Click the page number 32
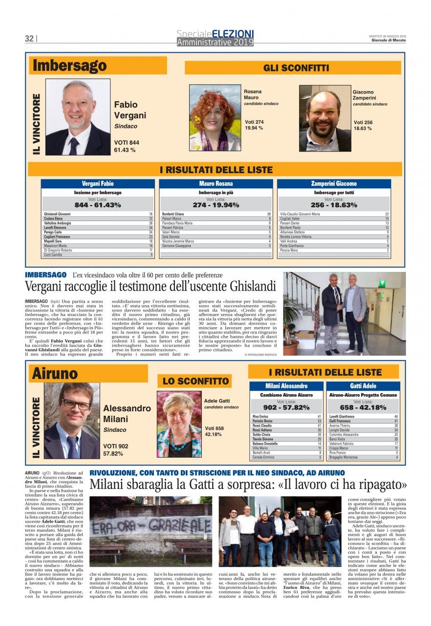point(29,39)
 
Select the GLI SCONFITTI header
point(293,68)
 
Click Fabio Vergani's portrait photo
point(78,117)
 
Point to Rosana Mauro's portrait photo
point(215,118)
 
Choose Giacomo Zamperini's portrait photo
point(325,119)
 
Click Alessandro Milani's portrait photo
point(72,421)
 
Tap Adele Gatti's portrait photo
point(179,424)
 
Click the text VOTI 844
point(127,142)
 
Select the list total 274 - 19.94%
point(215,205)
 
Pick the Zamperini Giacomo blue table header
point(334,184)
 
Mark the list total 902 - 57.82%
point(286,407)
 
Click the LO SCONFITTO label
point(194,381)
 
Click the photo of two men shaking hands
point(345,313)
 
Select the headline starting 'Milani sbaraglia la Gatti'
point(248,485)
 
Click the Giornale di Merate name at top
point(388,40)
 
